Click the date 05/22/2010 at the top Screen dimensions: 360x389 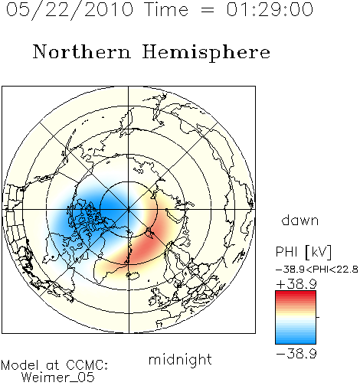click(x=70, y=10)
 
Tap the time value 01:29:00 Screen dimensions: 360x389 click(x=270, y=9)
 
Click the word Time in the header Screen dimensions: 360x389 click(x=166, y=9)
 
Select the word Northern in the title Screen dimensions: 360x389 click(x=81, y=51)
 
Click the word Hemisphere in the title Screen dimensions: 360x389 click(x=206, y=53)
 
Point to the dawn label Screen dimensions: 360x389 click(x=299, y=220)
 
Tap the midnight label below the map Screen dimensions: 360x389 click(x=180, y=359)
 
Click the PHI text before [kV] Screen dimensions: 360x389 click(x=286, y=252)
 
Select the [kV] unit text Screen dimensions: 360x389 click(x=319, y=252)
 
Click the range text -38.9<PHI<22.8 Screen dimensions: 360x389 click(x=317, y=270)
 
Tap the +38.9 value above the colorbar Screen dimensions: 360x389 click(x=296, y=284)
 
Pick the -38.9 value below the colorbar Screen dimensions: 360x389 click(x=296, y=354)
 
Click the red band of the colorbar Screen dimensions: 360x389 click(x=296, y=296)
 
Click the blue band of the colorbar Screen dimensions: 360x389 click(x=296, y=338)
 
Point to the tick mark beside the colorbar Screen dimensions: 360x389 click(x=318, y=317)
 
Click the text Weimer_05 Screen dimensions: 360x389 click(x=58, y=378)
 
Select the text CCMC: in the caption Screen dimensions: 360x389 click(x=87, y=365)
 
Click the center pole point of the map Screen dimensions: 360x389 click(x=129, y=210)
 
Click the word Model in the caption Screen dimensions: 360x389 click(x=20, y=365)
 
